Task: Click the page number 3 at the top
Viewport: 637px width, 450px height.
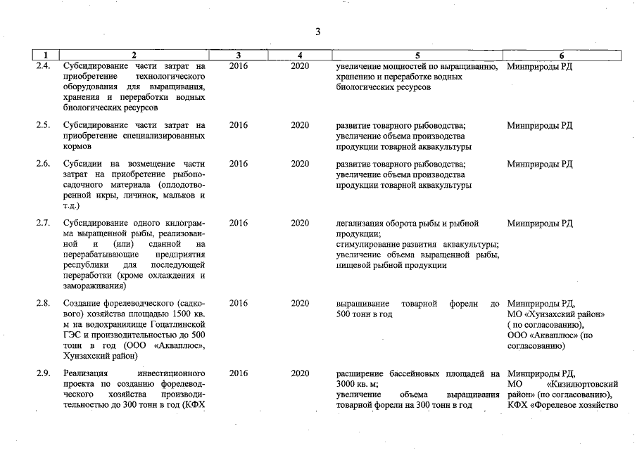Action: (x=318, y=32)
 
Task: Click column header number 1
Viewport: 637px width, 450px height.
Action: (x=46, y=55)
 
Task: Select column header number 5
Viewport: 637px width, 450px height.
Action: (x=417, y=55)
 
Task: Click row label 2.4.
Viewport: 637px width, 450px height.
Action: (x=43, y=66)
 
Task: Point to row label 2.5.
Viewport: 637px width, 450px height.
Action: (x=43, y=125)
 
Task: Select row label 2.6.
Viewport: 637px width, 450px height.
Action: (x=43, y=164)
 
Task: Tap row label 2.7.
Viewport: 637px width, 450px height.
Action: (x=43, y=224)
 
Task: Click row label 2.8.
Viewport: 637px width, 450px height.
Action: (x=43, y=303)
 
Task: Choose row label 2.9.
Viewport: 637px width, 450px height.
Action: (x=43, y=373)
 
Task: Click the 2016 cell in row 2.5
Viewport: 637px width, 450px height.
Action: (x=239, y=125)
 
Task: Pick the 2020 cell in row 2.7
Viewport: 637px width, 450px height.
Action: (x=300, y=224)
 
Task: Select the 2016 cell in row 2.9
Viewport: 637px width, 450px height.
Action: (x=239, y=373)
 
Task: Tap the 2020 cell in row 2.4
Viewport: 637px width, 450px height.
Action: (x=300, y=66)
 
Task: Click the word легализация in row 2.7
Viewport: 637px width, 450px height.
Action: (x=363, y=224)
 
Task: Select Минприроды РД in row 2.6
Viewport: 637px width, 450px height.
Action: (x=539, y=164)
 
